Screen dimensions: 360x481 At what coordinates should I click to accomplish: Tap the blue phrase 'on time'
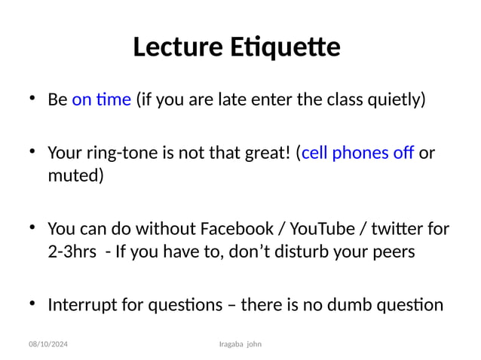tap(102, 99)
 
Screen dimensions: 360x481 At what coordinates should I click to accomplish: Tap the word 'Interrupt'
tap(81, 305)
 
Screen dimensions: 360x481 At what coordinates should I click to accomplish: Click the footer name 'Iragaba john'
tap(239, 344)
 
